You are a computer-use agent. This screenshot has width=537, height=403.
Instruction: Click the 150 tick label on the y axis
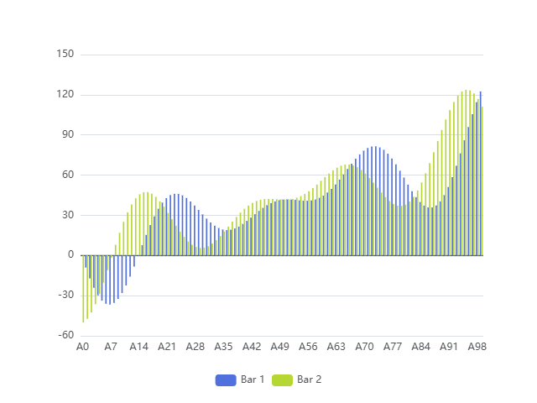[65, 55]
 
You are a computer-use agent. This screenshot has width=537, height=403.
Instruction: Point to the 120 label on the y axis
[65, 95]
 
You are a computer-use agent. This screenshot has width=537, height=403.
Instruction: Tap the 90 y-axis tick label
[67, 135]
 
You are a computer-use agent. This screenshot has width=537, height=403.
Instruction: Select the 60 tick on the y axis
[67, 175]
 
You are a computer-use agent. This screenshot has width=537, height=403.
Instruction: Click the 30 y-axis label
[67, 215]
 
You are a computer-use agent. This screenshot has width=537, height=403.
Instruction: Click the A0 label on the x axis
[83, 347]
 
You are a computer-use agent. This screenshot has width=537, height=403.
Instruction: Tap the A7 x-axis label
[111, 347]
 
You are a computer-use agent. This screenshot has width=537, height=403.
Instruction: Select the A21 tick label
[167, 347]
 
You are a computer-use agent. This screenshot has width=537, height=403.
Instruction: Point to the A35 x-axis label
[223, 347]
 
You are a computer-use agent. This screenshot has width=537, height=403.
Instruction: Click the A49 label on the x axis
[279, 347]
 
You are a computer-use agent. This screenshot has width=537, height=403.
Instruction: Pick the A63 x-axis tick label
[336, 347]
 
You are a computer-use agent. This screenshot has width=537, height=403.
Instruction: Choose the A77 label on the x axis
[392, 347]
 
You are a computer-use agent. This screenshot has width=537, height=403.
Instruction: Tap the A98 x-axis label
[477, 347]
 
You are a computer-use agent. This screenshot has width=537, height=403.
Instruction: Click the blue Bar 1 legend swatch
[226, 379]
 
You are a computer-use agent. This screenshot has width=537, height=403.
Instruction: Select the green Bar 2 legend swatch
[283, 379]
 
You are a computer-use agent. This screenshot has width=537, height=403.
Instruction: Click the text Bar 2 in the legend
[310, 379]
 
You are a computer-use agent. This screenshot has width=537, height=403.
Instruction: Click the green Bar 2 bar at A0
[83, 288]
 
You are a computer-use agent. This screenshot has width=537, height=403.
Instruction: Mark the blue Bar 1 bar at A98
[481, 173]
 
